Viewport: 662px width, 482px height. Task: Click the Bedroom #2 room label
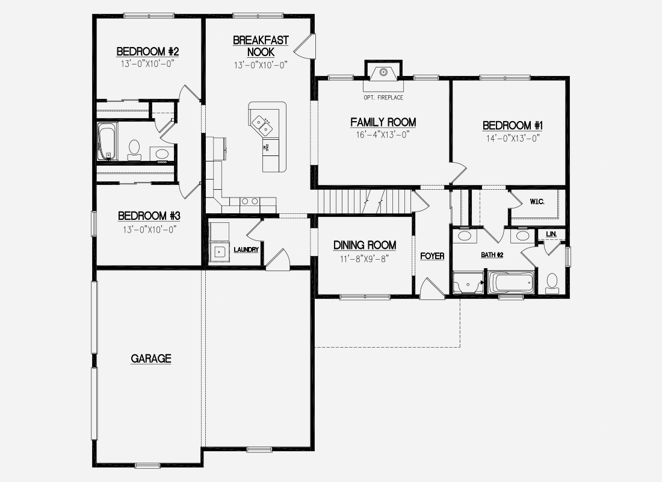coord(148,52)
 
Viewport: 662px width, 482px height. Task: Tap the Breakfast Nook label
coord(261,46)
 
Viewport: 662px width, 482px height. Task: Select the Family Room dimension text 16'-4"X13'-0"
coord(383,135)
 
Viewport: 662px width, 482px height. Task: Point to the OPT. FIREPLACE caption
coord(383,98)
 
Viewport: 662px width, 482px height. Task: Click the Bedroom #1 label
coord(513,125)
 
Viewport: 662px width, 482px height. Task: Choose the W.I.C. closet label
coord(537,202)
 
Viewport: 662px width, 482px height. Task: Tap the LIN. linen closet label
coord(551,234)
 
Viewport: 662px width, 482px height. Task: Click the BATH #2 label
coord(492,255)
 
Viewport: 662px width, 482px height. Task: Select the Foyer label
coord(432,256)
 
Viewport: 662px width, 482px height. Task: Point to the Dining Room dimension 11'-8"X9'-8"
coord(364,258)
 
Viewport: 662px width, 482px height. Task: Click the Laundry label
coord(246,250)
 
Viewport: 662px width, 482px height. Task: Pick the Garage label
coord(150,359)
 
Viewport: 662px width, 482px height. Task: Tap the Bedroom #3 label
coord(149,216)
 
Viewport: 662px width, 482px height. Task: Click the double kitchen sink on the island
coord(262,124)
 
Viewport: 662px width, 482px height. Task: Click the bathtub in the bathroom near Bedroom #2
coord(107,142)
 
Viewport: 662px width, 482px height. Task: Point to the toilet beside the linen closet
coord(552,283)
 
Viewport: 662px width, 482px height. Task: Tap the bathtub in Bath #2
coord(511,283)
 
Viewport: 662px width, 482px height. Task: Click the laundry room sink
coord(219,252)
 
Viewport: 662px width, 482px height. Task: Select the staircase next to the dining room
coord(365,202)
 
